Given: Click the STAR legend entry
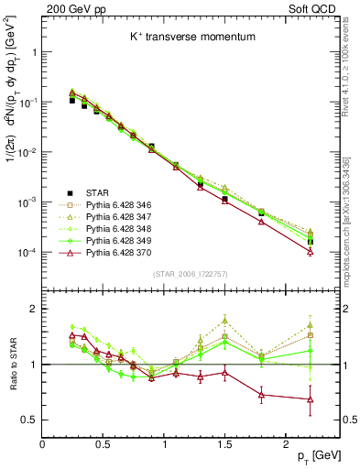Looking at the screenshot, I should [x=97, y=192].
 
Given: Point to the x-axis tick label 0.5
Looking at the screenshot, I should [x=104, y=444].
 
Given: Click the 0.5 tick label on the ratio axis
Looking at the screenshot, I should [x=27, y=420].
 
